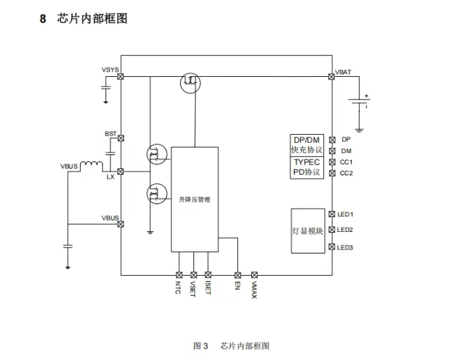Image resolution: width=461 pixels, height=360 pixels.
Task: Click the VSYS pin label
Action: (111, 70)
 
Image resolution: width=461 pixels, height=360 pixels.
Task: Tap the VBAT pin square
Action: (331, 77)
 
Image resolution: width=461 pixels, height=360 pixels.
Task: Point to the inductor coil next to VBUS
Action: (91, 164)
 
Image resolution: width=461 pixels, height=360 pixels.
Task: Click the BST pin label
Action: (111, 133)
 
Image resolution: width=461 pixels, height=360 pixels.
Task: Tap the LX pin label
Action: (111, 177)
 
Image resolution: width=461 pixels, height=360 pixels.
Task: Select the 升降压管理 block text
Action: (195, 200)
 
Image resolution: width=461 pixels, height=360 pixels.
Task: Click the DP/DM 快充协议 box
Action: (307, 145)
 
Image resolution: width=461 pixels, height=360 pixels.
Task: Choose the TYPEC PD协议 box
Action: (307, 167)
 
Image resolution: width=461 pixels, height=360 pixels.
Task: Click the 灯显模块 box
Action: (307, 231)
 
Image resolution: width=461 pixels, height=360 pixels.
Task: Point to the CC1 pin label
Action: (346, 162)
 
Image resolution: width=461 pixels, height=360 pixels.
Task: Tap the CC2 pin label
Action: (346, 173)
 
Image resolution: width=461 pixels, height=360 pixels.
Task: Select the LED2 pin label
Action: (346, 231)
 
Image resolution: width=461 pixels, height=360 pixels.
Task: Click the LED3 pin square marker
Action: (332, 247)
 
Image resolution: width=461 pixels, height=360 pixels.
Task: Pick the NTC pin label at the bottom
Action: (179, 289)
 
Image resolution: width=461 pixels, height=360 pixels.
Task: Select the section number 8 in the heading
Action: (43, 19)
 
